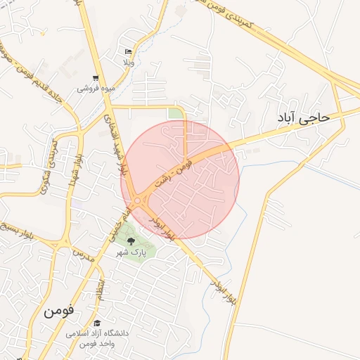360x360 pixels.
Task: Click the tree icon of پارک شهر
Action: pyautogui.click(x=131, y=241)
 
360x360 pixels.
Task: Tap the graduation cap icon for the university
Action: pyautogui.click(x=97, y=323)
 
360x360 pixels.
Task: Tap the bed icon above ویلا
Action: pyautogui.click(x=128, y=52)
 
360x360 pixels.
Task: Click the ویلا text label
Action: pyautogui.click(x=128, y=63)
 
